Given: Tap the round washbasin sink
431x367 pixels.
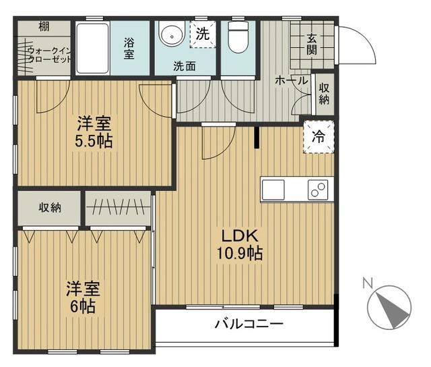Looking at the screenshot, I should pos(172,35).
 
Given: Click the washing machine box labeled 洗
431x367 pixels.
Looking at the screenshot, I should pos(202,34).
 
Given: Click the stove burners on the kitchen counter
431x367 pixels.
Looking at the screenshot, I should pos(317,190).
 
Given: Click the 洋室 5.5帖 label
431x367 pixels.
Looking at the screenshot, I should pos(94,133).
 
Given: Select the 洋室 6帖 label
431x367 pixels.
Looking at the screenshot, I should pos(83,298).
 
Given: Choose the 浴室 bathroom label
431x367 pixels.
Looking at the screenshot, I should pos(129,48).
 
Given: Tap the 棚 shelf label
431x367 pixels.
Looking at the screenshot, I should pos(44,27).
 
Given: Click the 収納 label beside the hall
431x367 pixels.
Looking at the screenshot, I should pos(325,94).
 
